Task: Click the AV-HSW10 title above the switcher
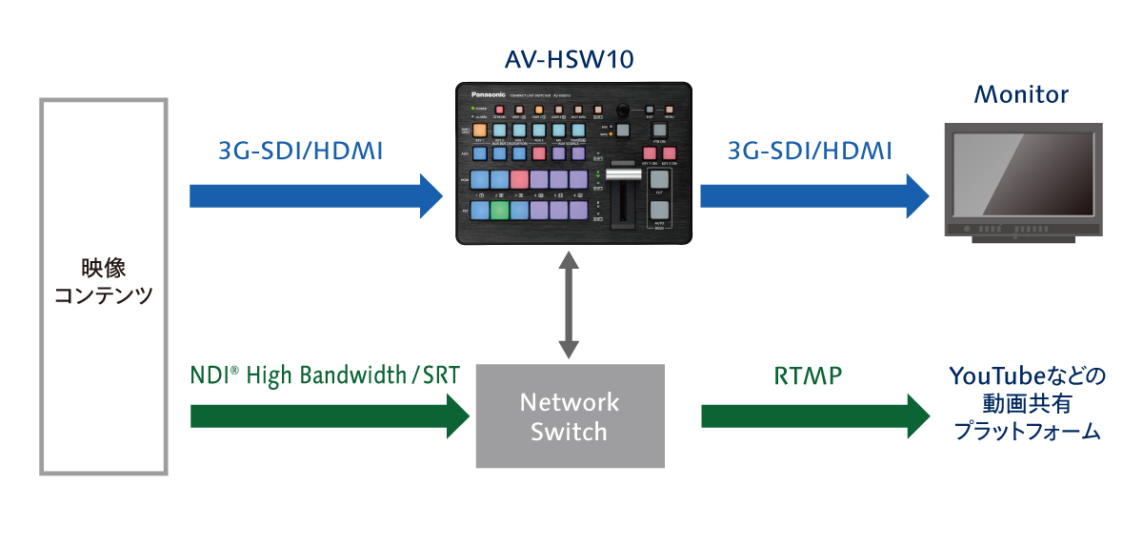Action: click(x=570, y=62)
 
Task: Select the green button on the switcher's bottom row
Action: click(x=498, y=210)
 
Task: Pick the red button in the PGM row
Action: click(x=519, y=178)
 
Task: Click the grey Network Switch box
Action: click(x=570, y=415)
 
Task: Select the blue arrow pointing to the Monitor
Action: click(x=814, y=195)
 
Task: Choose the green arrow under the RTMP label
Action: click(x=814, y=416)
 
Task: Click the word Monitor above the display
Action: click(x=1021, y=95)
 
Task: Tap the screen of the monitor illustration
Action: click(x=1021, y=174)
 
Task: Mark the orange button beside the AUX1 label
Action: click(x=479, y=132)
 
